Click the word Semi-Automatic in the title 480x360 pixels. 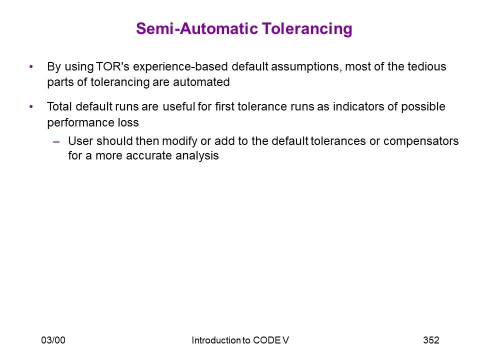point(197,29)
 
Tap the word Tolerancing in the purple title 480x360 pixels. point(307,29)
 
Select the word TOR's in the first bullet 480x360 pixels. point(112,66)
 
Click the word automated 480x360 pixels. point(201,82)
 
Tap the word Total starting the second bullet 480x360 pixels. point(59,106)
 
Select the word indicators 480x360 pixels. point(358,106)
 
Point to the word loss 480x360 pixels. point(128,122)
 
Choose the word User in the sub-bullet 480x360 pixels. point(80,141)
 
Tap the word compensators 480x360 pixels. point(421,141)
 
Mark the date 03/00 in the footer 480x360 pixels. point(53,340)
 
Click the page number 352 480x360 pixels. point(431,340)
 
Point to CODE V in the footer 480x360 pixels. point(271,340)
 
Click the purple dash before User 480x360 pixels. point(56,141)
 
